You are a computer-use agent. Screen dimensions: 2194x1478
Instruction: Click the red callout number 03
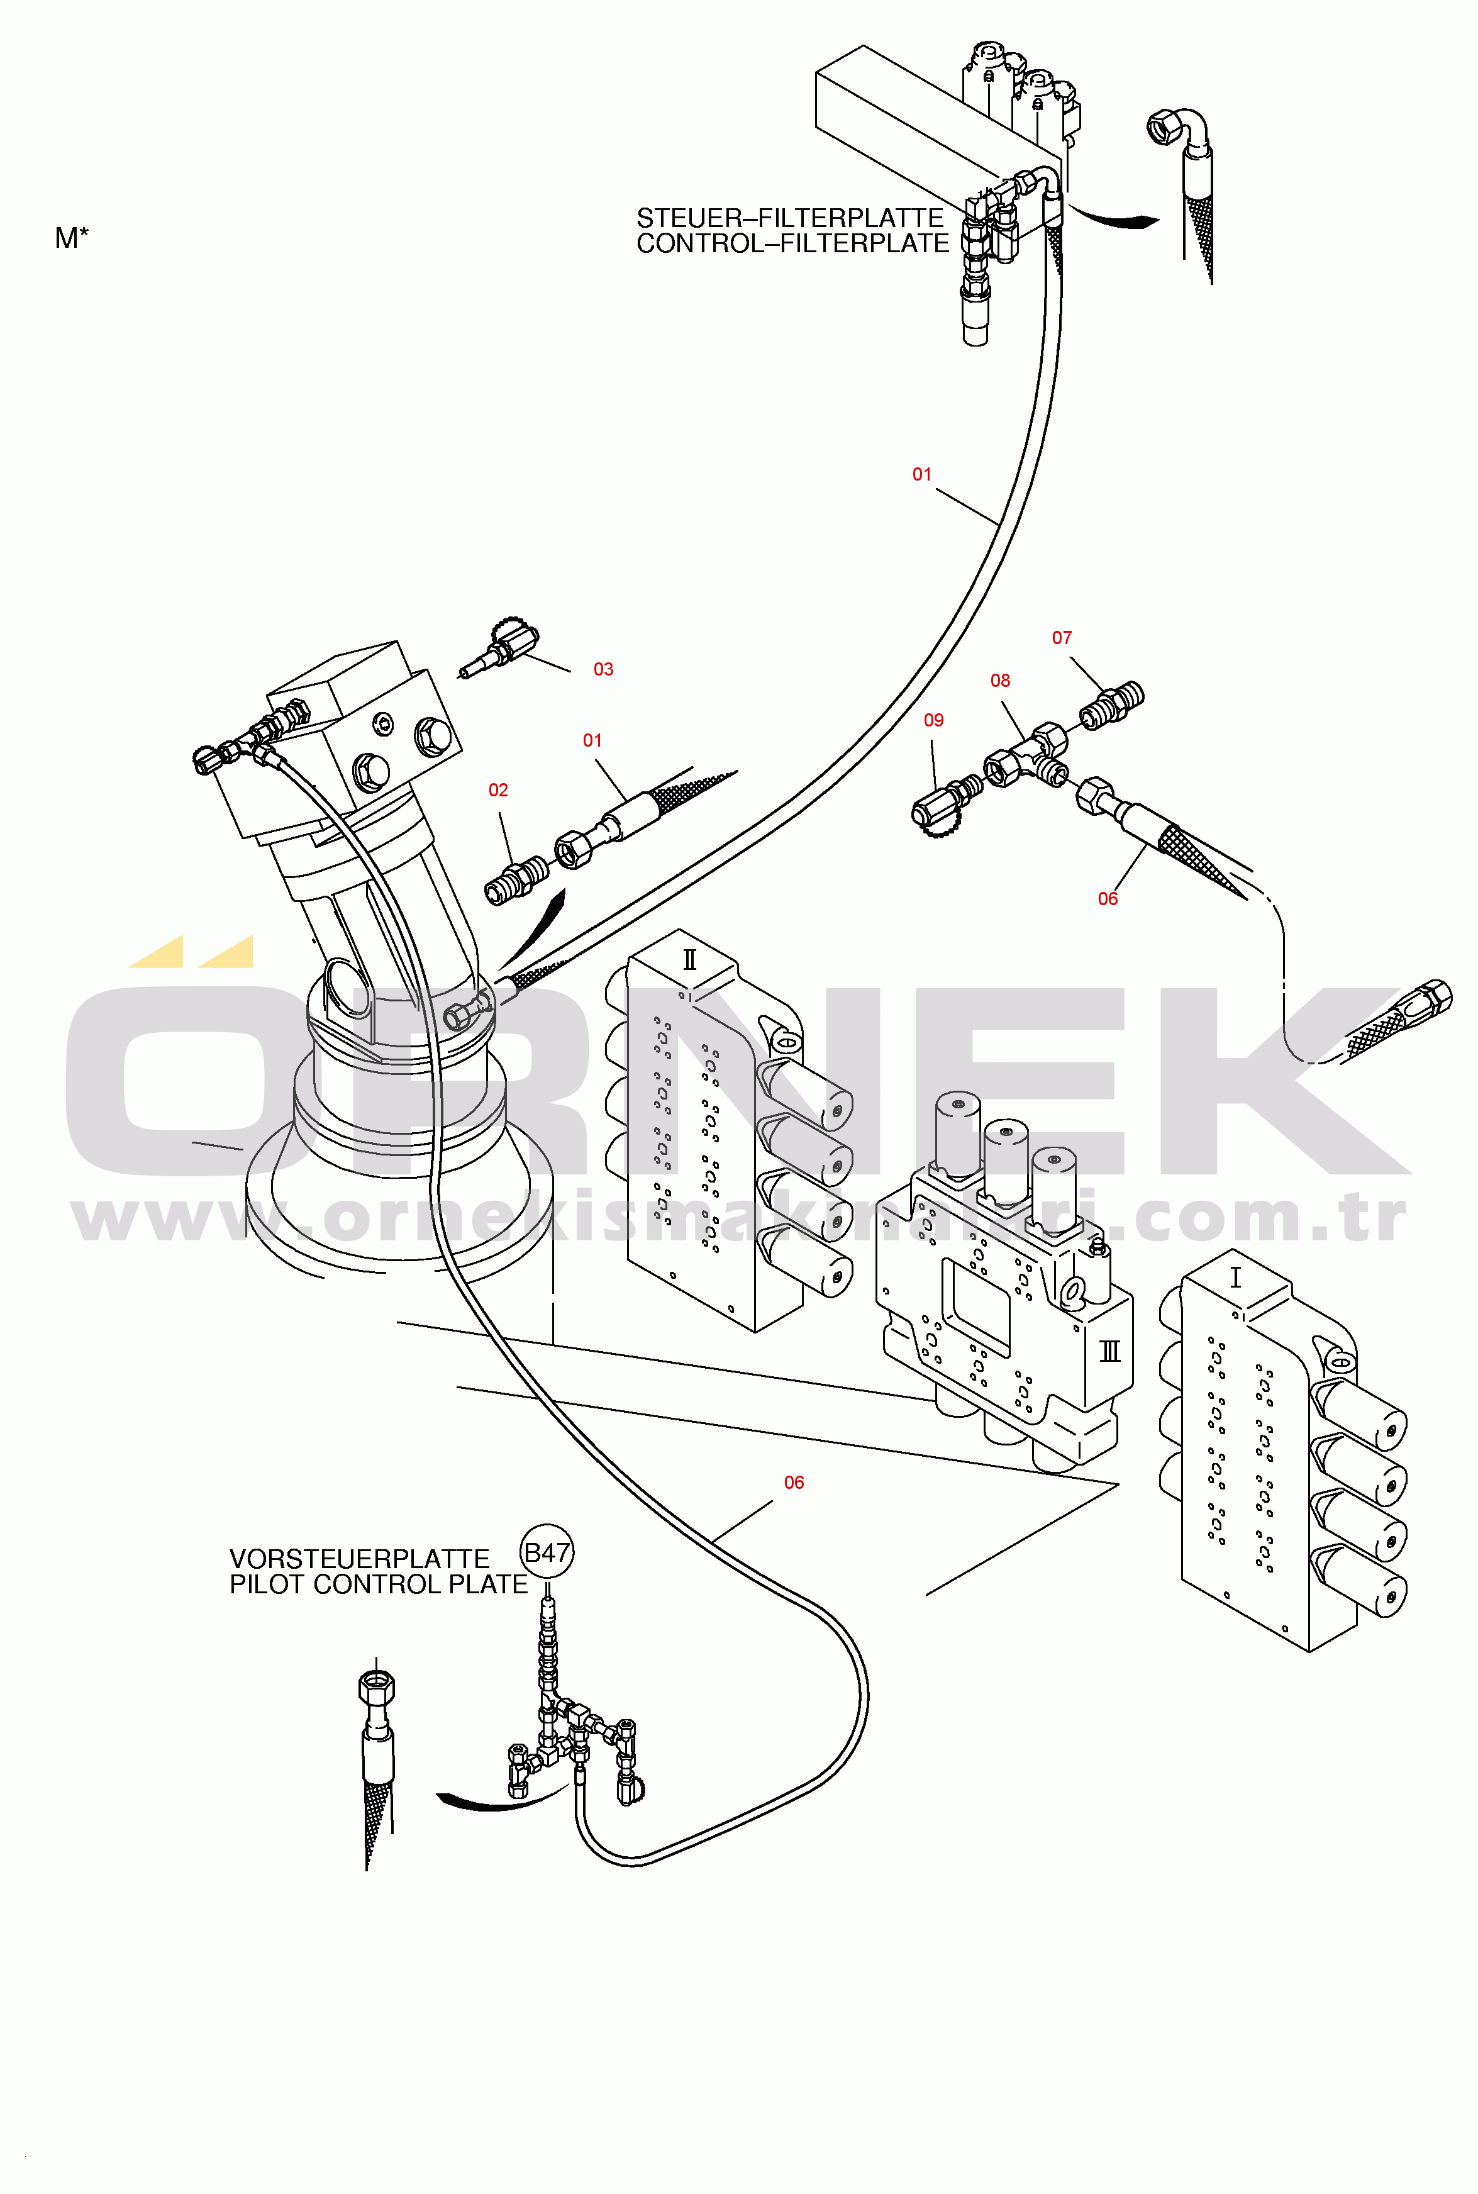[603, 669]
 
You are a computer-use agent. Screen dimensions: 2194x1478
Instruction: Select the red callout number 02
[497, 790]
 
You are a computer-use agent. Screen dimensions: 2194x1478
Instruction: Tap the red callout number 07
[1062, 638]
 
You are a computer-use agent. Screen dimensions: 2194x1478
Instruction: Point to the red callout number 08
[1000, 681]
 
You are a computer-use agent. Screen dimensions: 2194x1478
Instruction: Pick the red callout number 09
[933, 720]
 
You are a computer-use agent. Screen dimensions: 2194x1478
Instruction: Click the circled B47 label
[547, 1552]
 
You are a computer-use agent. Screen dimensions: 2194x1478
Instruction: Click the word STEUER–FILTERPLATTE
[790, 218]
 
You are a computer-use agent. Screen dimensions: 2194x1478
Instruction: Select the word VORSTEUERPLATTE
[359, 1559]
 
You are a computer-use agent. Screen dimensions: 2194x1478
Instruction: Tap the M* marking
[72, 238]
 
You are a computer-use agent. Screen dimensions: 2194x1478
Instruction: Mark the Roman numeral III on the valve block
[1109, 1352]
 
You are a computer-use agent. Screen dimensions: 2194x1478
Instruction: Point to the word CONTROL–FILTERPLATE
[792, 243]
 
